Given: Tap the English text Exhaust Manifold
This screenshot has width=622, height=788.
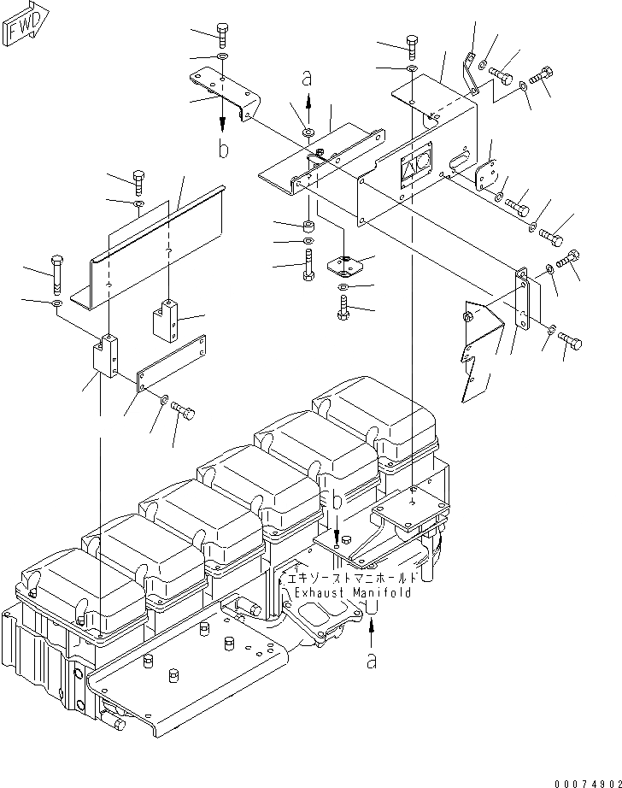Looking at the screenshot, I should pyautogui.click(x=352, y=592).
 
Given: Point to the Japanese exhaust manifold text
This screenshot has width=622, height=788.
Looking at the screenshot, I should pyautogui.click(x=352, y=578).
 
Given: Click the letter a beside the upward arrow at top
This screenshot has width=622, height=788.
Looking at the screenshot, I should pyautogui.click(x=306, y=79).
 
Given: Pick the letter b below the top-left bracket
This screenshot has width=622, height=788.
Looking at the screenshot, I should pyautogui.click(x=223, y=150).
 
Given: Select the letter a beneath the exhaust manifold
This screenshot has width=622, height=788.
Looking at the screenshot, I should pyautogui.click(x=371, y=660).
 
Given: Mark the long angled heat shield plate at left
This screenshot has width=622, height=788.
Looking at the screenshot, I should pyautogui.click(x=145, y=248).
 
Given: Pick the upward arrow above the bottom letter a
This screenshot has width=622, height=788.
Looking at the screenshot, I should pyautogui.click(x=371, y=633).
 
